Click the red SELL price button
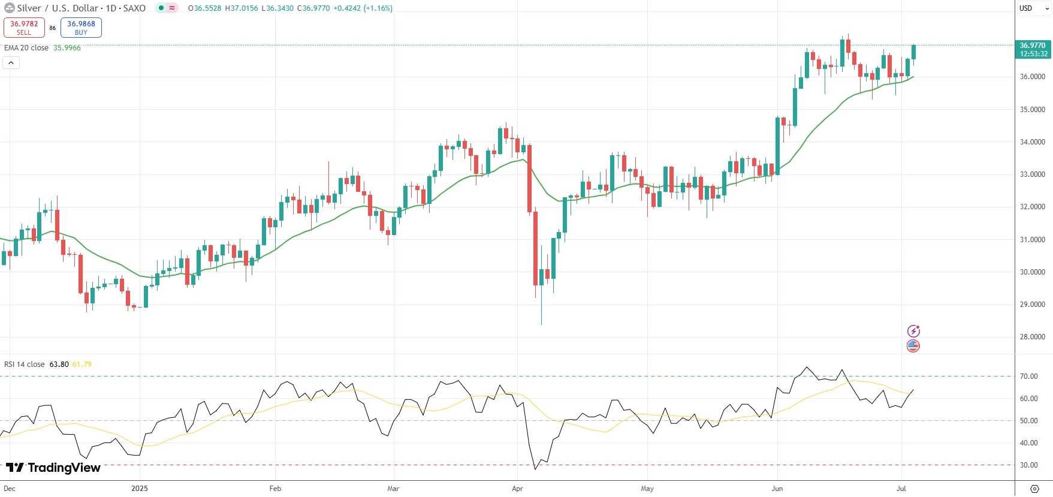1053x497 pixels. tap(24, 28)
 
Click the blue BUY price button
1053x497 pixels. tap(81, 28)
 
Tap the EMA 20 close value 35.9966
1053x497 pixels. tap(67, 48)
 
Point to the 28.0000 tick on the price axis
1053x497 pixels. tap(1032, 337)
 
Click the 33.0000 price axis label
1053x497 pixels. tap(1032, 174)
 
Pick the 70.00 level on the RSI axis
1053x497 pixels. tap(1029, 376)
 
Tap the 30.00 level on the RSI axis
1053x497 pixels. tap(1029, 465)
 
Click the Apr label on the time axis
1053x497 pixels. tap(517, 489)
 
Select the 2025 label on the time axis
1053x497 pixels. tap(139, 489)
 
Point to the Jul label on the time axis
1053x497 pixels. tap(901, 489)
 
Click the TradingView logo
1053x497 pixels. tap(53, 468)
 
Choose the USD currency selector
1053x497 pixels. tap(1026, 8)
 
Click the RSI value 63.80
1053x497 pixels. tap(59, 365)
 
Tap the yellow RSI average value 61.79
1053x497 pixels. tap(82, 365)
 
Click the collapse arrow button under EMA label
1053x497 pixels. tap(11, 62)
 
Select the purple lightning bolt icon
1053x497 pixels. tap(913, 331)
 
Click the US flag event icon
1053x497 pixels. tap(913, 346)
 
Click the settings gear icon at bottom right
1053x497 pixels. tap(1034, 489)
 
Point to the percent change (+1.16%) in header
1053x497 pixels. tap(378, 8)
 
